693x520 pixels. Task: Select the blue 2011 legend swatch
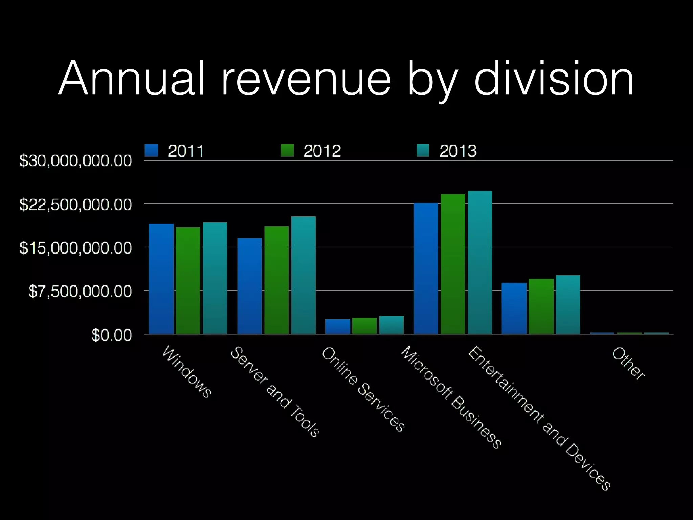(x=151, y=150)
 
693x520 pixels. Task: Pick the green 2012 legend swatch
(x=287, y=150)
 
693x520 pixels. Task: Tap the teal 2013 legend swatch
(x=423, y=150)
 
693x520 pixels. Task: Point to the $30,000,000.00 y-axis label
(x=75, y=160)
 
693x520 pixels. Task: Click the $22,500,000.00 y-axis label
(x=75, y=204)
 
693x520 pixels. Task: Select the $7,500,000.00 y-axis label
(x=80, y=291)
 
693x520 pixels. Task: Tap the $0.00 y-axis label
(x=111, y=335)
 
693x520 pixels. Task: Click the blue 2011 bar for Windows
(x=161, y=279)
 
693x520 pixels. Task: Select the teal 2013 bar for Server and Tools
(x=304, y=275)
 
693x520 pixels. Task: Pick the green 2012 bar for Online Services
(x=364, y=326)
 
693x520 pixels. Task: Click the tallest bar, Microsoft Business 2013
(x=480, y=262)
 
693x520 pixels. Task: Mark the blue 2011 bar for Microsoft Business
(x=426, y=268)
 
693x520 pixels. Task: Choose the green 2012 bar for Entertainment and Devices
(x=541, y=306)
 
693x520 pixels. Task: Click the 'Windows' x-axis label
(x=187, y=372)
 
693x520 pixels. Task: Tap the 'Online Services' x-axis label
(x=363, y=389)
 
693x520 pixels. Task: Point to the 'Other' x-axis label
(x=628, y=363)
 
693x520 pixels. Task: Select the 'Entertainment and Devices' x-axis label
(x=539, y=418)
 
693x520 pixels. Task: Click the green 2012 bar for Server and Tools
(x=276, y=280)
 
